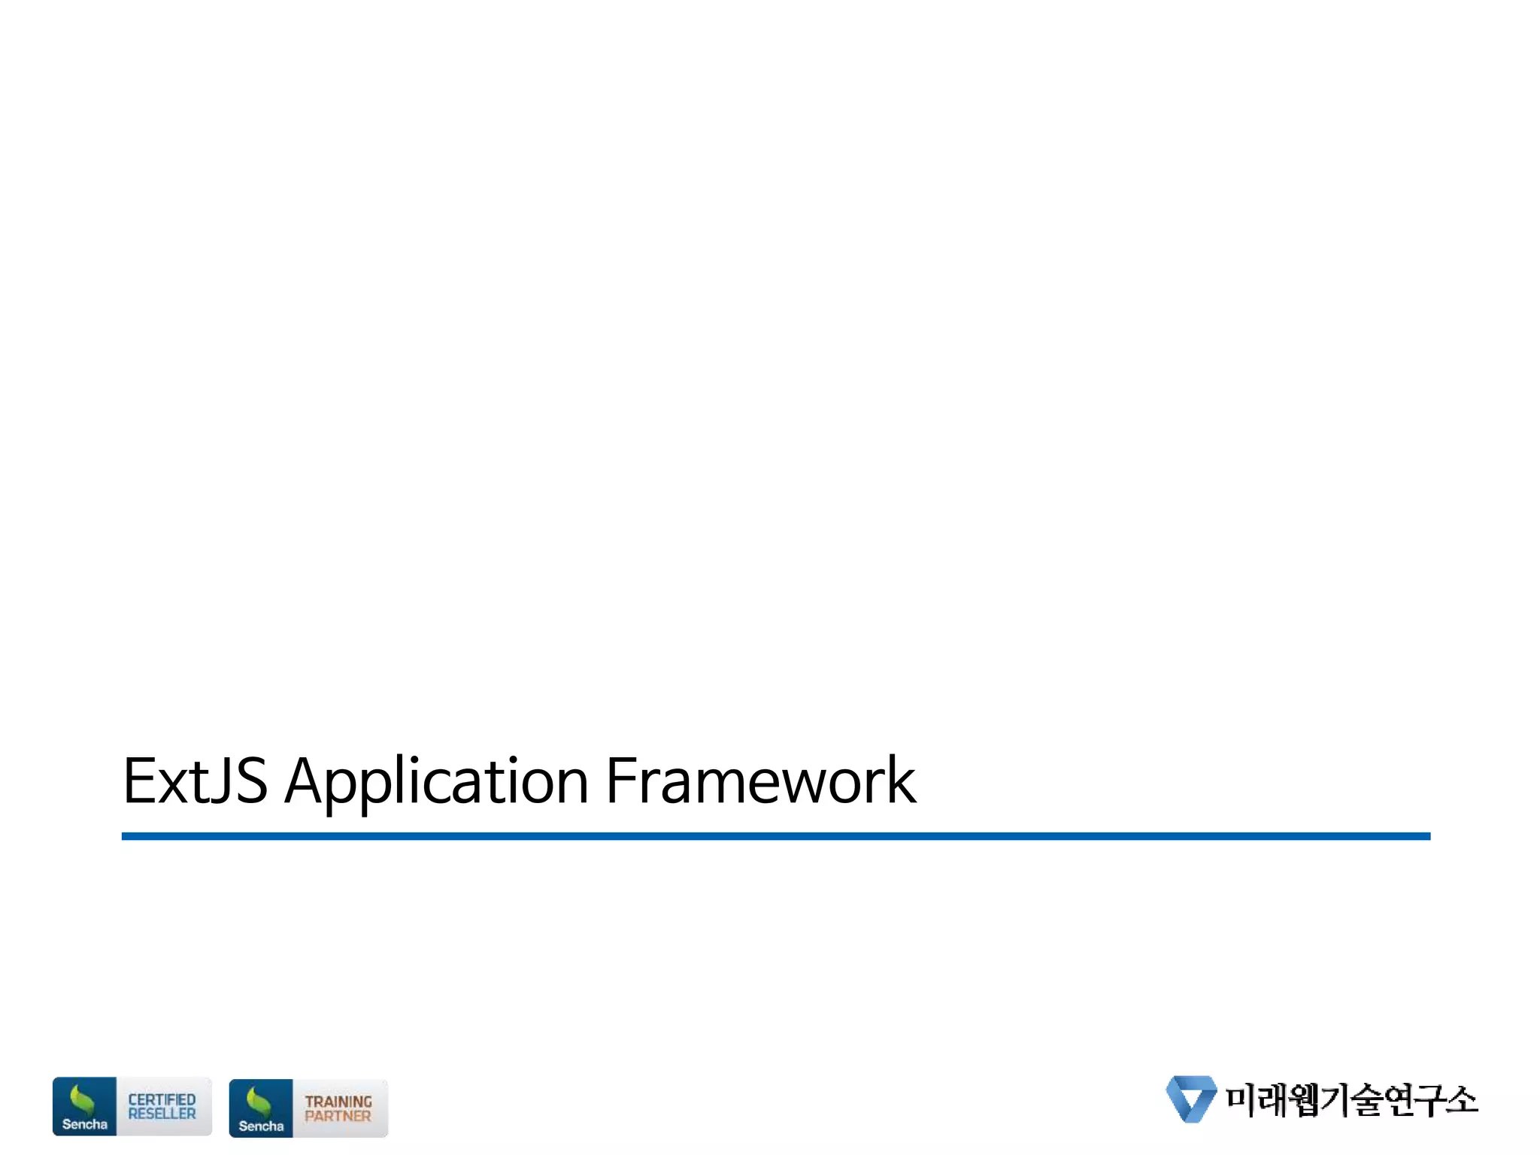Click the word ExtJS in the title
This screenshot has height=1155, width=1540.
tap(194, 781)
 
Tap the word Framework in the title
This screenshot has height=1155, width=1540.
tap(760, 781)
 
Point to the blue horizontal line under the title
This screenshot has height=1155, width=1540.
tap(775, 836)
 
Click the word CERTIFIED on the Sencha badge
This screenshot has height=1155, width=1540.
tap(162, 1099)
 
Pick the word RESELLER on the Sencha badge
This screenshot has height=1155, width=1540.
tap(162, 1114)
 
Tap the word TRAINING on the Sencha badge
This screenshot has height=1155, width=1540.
tap(338, 1102)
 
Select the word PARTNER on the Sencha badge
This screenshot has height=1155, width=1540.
tap(338, 1116)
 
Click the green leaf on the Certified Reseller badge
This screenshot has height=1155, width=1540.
tap(81, 1100)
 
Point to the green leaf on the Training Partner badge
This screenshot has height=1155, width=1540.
tap(259, 1102)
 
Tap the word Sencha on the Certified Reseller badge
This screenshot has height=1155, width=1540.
tap(84, 1124)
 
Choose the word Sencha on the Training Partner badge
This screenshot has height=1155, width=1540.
tap(261, 1126)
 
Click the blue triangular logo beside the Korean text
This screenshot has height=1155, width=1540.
tap(1190, 1099)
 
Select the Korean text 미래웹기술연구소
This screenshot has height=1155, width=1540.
tap(1351, 1099)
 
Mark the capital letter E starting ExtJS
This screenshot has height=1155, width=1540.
tap(139, 781)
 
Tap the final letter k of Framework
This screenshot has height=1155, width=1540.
tap(901, 781)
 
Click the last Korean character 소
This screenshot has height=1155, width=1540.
tap(1461, 1099)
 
